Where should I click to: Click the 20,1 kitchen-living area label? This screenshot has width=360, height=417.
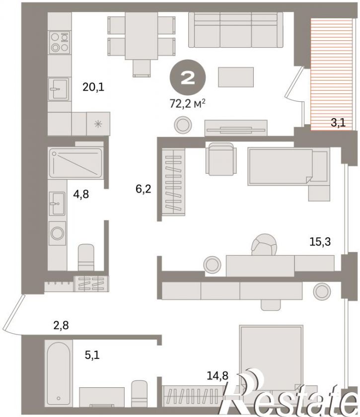coord(93,87)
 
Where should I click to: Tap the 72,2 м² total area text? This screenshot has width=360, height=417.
coord(188,104)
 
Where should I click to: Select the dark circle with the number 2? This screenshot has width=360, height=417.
coord(188,77)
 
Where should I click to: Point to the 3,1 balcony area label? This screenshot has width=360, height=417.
coord(338,123)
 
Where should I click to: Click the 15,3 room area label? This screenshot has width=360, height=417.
coord(320,242)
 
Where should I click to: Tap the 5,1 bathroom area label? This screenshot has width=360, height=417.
coord(92,355)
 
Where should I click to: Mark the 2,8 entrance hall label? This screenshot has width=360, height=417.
coord(61,325)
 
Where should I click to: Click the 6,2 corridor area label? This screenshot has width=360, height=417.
coord(143,189)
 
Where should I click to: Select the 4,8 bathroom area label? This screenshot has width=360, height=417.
coord(81,195)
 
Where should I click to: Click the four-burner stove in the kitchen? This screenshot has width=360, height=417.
coord(59,43)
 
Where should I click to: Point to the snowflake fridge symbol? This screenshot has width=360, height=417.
coord(98,124)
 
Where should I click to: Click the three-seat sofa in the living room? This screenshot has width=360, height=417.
coord(236,30)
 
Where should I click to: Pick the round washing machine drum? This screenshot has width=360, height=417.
coord(58,233)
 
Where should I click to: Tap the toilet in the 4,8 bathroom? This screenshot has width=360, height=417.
coord(86,258)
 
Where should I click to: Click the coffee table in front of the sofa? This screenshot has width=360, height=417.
coord(236,77)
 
